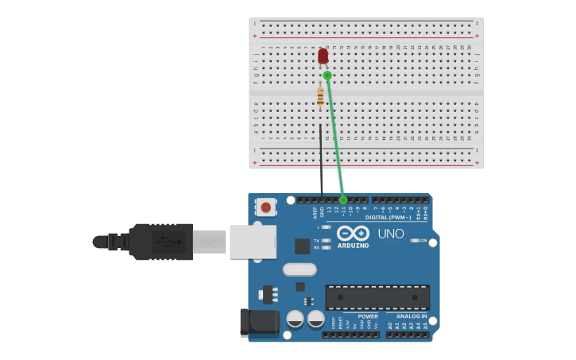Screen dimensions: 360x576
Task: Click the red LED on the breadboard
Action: pyautogui.click(x=323, y=56)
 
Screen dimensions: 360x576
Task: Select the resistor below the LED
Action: pyautogui.click(x=320, y=97)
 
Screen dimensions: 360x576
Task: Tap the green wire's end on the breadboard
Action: pyautogui.click(x=327, y=75)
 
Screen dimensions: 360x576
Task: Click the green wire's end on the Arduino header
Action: pyautogui.click(x=343, y=199)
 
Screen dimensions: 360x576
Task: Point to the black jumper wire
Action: pyautogui.click(x=321, y=159)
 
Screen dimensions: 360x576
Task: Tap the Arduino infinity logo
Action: pyautogui.click(x=353, y=233)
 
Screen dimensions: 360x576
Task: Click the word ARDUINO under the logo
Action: pyautogui.click(x=353, y=246)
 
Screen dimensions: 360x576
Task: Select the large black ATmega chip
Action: pyautogui.click(x=377, y=297)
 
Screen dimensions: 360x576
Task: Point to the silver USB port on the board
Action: pyautogui.click(x=253, y=242)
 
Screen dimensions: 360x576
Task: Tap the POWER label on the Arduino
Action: pyautogui.click(x=368, y=316)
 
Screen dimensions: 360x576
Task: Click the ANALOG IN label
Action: pyautogui.click(x=412, y=316)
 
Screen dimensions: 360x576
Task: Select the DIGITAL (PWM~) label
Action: pyautogui.click(x=389, y=217)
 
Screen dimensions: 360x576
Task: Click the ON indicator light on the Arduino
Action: pyautogui.click(x=415, y=240)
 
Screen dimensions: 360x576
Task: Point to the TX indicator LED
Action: pyautogui.click(x=326, y=240)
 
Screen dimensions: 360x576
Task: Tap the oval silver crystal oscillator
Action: pyautogui.click(x=300, y=269)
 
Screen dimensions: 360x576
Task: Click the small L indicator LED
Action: pyautogui.click(x=326, y=227)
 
